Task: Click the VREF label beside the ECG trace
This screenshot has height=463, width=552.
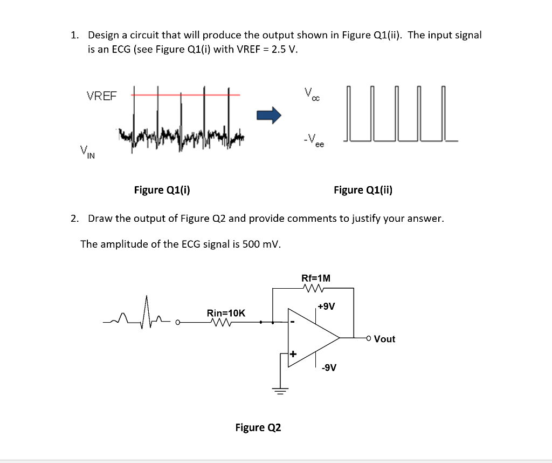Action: pos(101,96)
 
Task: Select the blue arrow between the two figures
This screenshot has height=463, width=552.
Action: pos(269,114)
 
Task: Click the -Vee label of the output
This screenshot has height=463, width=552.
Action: pos(313,141)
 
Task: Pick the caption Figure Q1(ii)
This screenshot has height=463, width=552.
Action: pos(363,189)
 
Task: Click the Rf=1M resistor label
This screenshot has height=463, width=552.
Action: pos(316,278)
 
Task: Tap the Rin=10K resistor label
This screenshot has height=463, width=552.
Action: pos(226,313)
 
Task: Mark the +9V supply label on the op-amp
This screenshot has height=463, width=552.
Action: pos(326,307)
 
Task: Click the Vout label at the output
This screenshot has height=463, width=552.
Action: pos(384,339)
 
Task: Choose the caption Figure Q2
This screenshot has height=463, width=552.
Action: pos(258,427)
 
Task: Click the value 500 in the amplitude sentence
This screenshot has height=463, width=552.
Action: pos(251,244)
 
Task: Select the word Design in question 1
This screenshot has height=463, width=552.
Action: pos(105,36)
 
